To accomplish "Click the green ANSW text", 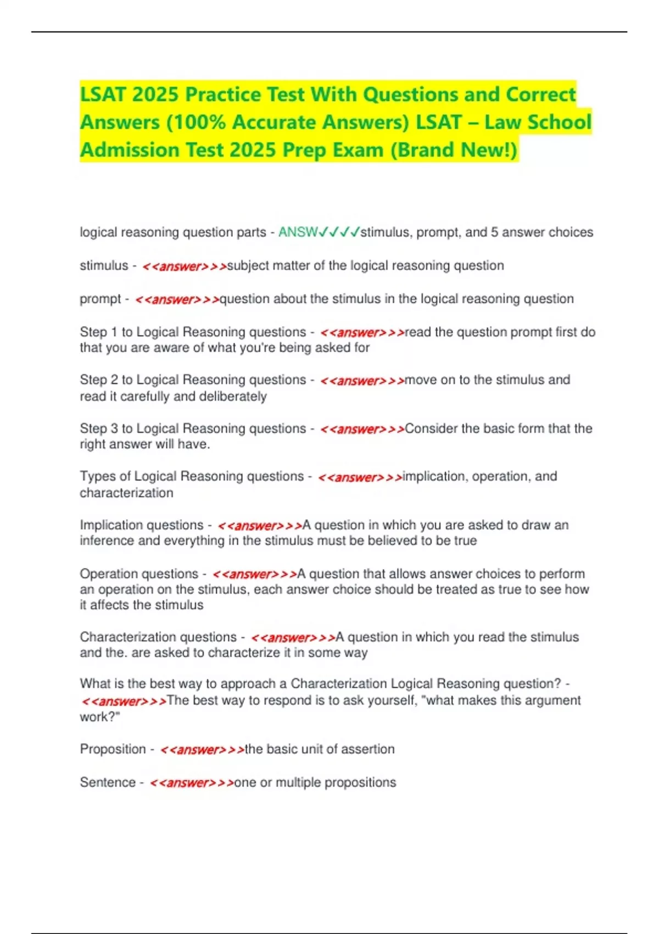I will pyautogui.click(x=297, y=232).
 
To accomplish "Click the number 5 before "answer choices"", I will pyautogui.click(x=494, y=232).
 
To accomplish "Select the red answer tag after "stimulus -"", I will pyautogui.click(x=184, y=266).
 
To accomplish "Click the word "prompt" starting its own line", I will pyautogui.click(x=100, y=299).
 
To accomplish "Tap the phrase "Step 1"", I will pyautogui.click(x=98, y=332).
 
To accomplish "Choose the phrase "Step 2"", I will pyautogui.click(x=98, y=380).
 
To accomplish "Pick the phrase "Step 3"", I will pyautogui.click(x=98, y=429).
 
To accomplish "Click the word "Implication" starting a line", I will pyautogui.click(x=114, y=525).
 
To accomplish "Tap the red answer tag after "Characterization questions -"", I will pyautogui.click(x=293, y=638).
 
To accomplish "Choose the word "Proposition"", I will pyautogui.click(x=113, y=749).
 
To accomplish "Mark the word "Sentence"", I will pyautogui.click(x=108, y=782).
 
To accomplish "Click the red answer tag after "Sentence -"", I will pyautogui.click(x=192, y=783).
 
